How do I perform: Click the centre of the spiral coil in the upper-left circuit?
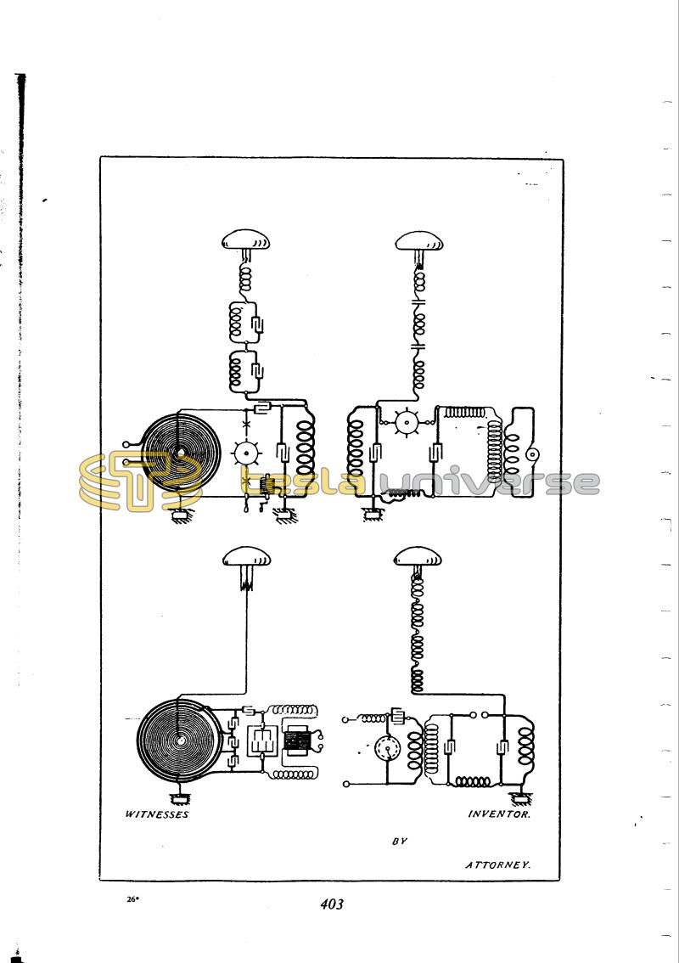(180, 451)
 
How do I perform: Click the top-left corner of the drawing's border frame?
(100, 157)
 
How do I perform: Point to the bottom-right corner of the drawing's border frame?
(560, 880)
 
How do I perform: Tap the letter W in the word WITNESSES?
(130, 814)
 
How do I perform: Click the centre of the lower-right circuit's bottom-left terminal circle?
(346, 784)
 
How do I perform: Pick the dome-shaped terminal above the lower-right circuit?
(418, 557)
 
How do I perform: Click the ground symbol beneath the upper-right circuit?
(372, 516)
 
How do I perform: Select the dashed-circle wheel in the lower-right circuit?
(387, 749)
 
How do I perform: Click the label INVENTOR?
(499, 814)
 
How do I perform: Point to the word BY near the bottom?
(400, 841)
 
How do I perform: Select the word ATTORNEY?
(497, 864)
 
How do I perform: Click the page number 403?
(332, 904)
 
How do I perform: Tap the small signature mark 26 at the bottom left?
(132, 899)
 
